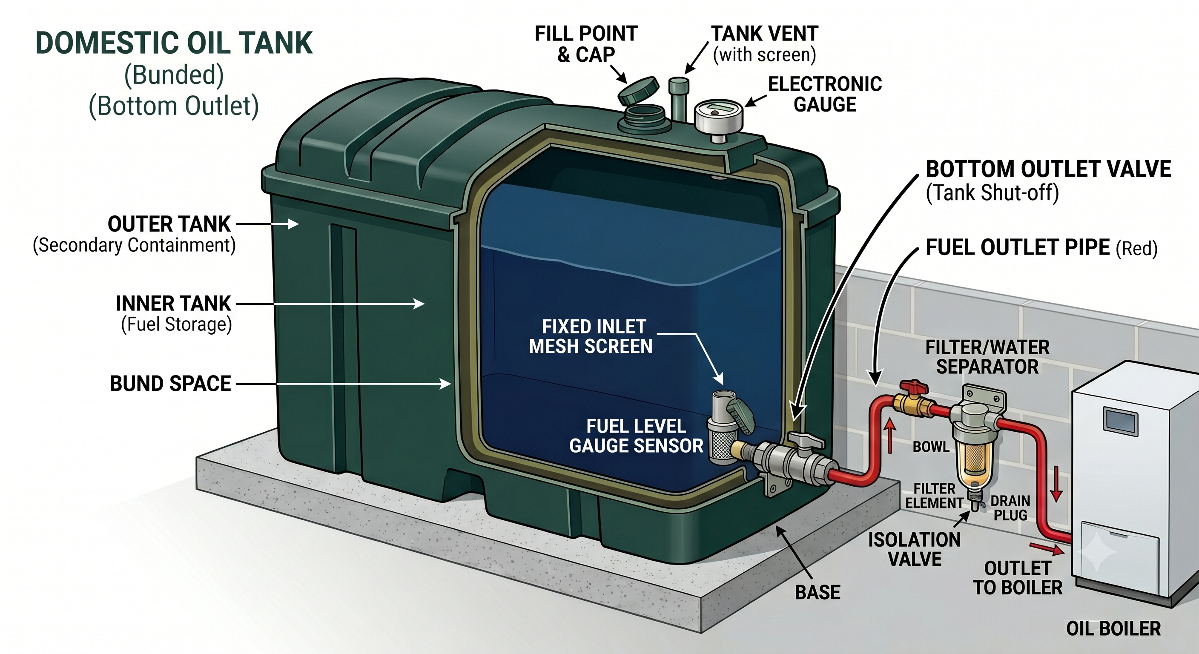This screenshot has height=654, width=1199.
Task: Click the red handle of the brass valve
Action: coord(914,386)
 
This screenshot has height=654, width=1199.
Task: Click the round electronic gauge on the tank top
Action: coord(719,116)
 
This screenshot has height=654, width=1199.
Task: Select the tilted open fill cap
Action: coord(639,91)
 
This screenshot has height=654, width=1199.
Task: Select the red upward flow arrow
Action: coord(889,436)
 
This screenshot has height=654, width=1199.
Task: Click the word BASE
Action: coord(818,592)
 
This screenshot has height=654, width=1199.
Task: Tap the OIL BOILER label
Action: coord(1113,628)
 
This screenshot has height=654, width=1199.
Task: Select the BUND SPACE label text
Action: coord(170,384)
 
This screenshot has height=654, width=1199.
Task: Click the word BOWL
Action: coord(931,447)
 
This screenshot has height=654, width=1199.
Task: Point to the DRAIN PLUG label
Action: coord(1010,508)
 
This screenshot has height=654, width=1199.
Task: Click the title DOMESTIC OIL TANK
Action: coord(174,43)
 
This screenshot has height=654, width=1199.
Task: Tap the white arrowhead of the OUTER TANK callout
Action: coord(293,224)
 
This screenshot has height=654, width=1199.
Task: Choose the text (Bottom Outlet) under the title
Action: coord(174,106)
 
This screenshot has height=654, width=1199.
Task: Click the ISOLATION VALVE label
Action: coord(915,549)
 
